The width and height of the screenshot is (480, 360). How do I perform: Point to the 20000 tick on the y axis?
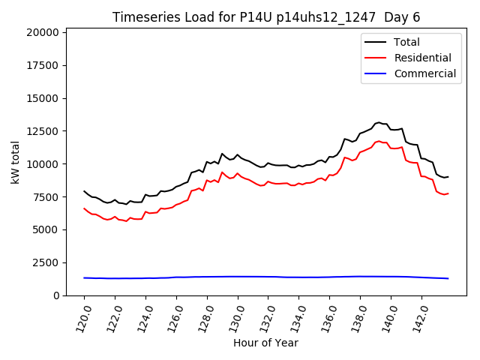pos(42,32)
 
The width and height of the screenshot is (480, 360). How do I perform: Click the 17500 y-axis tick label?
pos(42,65)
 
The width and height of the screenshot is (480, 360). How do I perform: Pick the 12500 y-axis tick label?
pos(42,131)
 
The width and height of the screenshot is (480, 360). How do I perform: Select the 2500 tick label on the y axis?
pos(45,262)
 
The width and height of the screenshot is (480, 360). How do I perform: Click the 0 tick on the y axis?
pos(55,295)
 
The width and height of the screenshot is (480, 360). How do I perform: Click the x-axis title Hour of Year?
pos(266,343)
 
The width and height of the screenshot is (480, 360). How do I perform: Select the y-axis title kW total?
pos(15,162)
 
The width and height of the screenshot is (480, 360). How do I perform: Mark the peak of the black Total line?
pos(379,122)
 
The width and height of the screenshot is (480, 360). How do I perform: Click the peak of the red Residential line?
pos(379,140)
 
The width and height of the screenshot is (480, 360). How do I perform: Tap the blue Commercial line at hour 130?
pos(238,277)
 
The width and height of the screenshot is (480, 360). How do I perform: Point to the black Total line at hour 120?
pos(84,191)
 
